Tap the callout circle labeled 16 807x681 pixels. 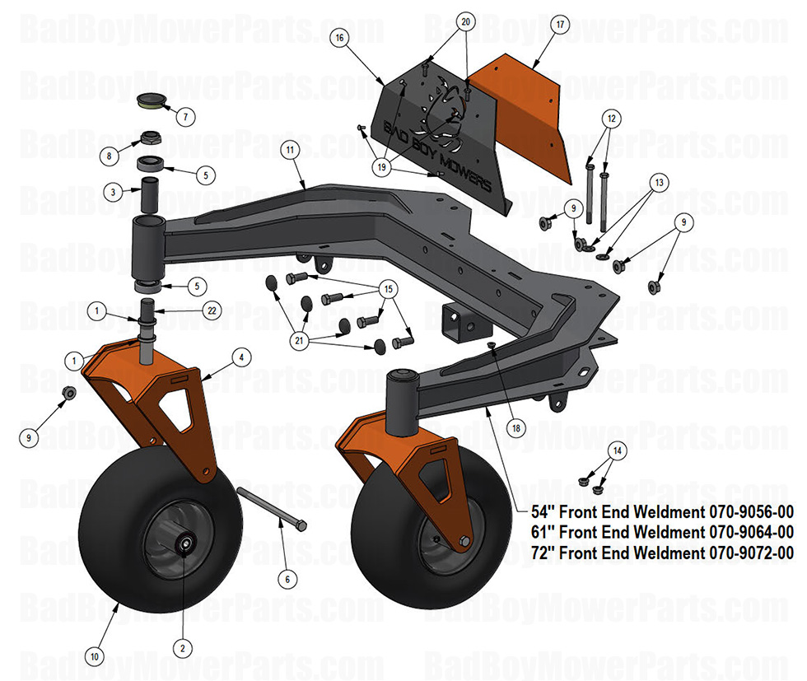coord(339,38)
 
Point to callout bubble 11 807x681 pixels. coord(289,150)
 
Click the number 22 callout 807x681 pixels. coord(212,310)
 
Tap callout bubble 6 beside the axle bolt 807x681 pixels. coord(287,579)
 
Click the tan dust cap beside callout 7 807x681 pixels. coord(151,101)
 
